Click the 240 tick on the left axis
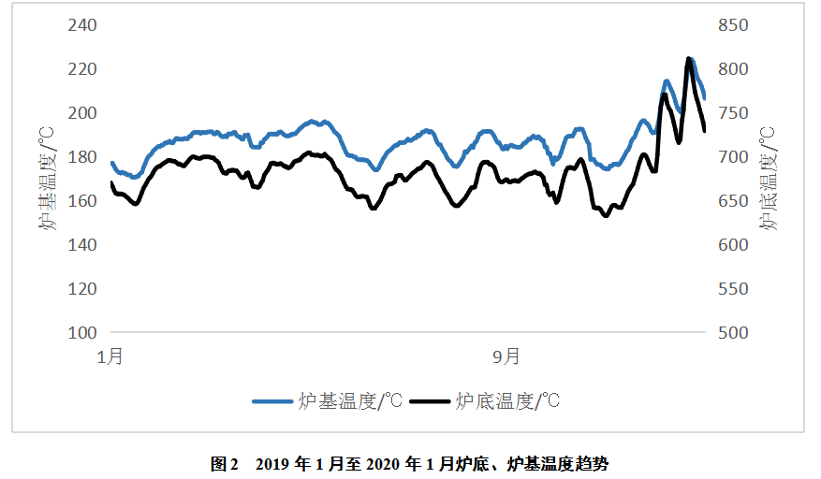click(x=83, y=25)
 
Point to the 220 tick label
click(x=83, y=69)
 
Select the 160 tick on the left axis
click(x=83, y=201)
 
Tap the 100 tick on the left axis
click(x=83, y=333)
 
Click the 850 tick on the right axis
click(x=734, y=25)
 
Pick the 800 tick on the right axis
click(x=734, y=69)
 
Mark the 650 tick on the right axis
click(x=734, y=201)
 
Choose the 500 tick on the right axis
click(x=734, y=333)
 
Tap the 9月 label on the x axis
click(x=506, y=356)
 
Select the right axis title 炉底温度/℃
click(x=770, y=179)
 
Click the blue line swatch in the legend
click(x=272, y=402)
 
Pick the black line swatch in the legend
click(x=430, y=402)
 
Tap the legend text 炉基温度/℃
click(x=349, y=402)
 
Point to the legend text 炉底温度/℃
click(x=506, y=402)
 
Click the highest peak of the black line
click(x=689, y=59)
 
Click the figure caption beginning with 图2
click(x=410, y=463)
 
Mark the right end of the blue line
click(x=704, y=97)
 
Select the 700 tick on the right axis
click(x=734, y=157)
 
